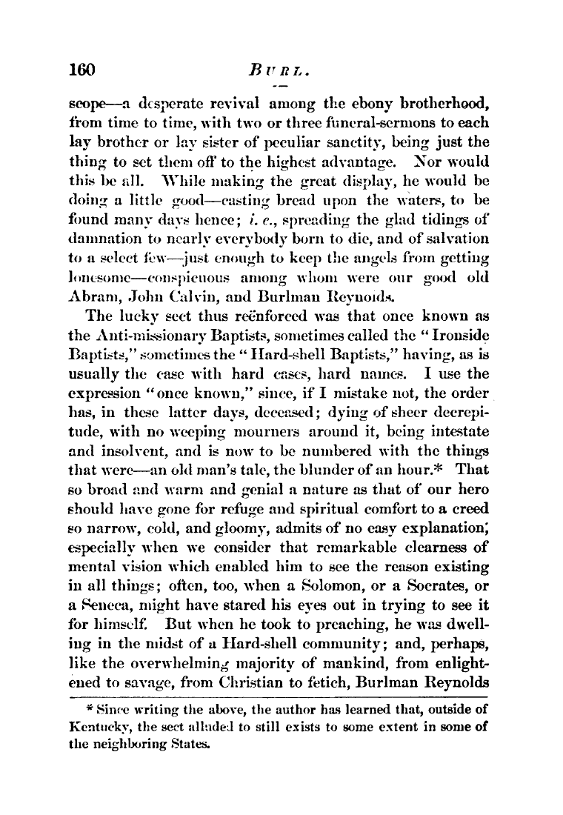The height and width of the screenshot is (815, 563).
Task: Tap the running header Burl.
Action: pos(276,72)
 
